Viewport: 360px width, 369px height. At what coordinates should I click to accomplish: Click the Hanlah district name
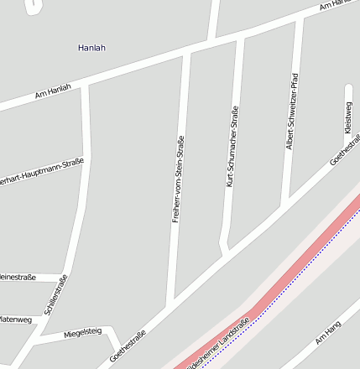coord(91,48)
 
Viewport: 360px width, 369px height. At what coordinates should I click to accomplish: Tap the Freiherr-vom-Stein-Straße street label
coord(177,179)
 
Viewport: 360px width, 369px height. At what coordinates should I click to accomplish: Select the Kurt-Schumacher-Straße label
coord(232,146)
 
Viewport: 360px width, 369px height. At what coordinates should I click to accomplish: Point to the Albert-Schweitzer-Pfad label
coord(291,111)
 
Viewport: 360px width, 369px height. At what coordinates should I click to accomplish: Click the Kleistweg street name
coord(348,117)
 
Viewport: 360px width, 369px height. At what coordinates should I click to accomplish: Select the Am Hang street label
coord(327,333)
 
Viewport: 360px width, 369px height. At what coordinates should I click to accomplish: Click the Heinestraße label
coord(18,277)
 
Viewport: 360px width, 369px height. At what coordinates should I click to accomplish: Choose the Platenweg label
coord(15,320)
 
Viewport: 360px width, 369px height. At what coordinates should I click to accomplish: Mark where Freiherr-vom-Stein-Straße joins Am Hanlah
coord(186,53)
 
